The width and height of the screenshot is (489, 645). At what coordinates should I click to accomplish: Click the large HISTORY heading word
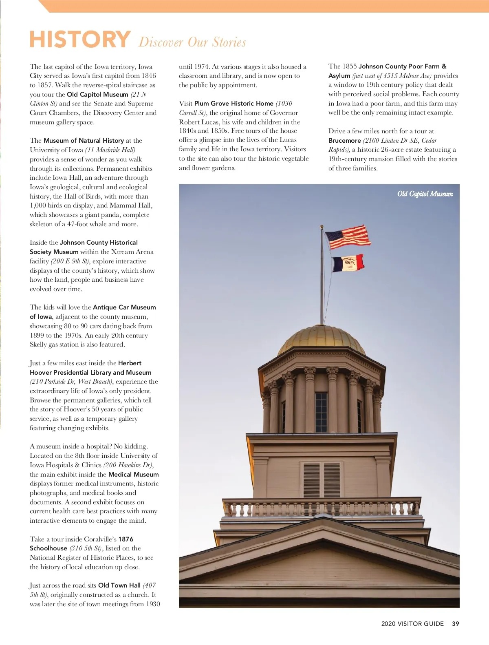[80, 40]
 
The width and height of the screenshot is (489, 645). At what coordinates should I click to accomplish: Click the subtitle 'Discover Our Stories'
[192, 42]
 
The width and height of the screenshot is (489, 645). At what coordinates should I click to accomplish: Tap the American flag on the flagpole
[347, 237]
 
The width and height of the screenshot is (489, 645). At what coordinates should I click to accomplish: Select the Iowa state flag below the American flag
[348, 263]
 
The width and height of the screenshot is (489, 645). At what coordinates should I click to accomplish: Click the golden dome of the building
[322, 339]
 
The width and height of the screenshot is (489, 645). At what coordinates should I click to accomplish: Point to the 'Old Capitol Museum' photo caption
[425, 194]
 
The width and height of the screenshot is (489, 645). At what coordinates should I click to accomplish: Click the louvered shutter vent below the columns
[322, 479]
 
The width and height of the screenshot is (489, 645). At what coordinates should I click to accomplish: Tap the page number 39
[455, 623]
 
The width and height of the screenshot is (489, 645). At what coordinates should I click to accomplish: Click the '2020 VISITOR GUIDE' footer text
[412, 623]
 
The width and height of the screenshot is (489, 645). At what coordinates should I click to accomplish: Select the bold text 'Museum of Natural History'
[84, 140]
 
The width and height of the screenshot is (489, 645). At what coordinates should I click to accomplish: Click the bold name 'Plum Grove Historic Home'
[233, 103]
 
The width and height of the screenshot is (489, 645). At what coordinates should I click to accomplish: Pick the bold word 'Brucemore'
[344, 140]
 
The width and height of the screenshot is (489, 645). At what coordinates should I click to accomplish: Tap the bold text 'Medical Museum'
[133, 474]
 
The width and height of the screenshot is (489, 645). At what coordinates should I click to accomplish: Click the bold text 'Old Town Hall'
[119, 585]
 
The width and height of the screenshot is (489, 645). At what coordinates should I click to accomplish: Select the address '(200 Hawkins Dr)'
[128, 465]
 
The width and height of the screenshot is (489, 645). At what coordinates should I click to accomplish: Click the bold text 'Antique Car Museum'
[124, 307]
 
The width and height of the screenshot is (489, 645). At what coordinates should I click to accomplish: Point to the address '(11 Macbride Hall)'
[110, 150]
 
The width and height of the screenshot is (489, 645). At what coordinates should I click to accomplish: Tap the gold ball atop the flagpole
[322, 226]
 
